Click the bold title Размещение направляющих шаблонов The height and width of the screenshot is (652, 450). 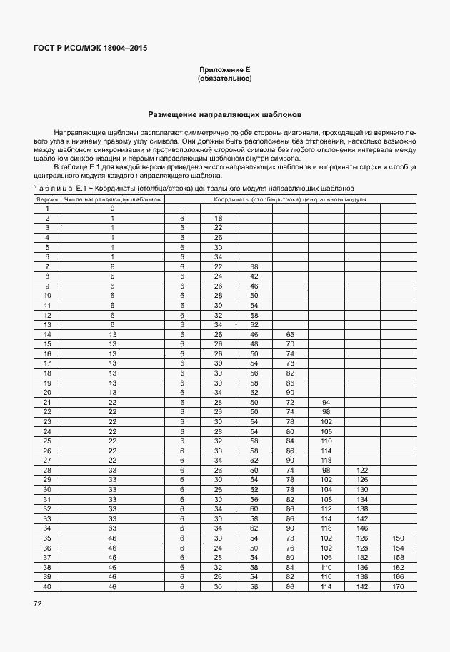[224, 114]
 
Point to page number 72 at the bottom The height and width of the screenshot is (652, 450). [37, 604]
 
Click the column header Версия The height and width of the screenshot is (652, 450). [47, 200]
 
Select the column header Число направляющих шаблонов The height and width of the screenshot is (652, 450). [112, 200]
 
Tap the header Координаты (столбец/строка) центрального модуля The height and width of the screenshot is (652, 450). [289, 200]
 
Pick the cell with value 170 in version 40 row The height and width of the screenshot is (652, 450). [397, 586]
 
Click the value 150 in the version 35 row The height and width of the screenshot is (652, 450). [397, 537]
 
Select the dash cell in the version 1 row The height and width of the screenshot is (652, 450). [182, 209]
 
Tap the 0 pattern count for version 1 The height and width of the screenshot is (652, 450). [112, 209]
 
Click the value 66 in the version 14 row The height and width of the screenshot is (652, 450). [290, 334]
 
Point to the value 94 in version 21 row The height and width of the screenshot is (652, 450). [326, 402]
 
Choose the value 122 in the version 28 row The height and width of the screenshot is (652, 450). [362, 469]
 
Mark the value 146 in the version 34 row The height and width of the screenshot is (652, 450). [362, 527]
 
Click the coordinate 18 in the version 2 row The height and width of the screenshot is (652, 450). [218, 218]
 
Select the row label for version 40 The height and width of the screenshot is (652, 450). [47, 586]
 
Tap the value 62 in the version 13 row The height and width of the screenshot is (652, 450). [254, 324]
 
